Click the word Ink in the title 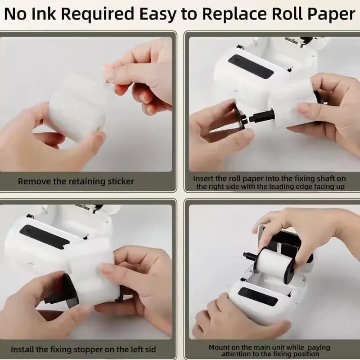click(x=43, y=13)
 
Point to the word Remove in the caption click(x=35, y=181)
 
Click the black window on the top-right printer click(x=251, y=66)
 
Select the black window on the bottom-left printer click(x=44, y=237)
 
